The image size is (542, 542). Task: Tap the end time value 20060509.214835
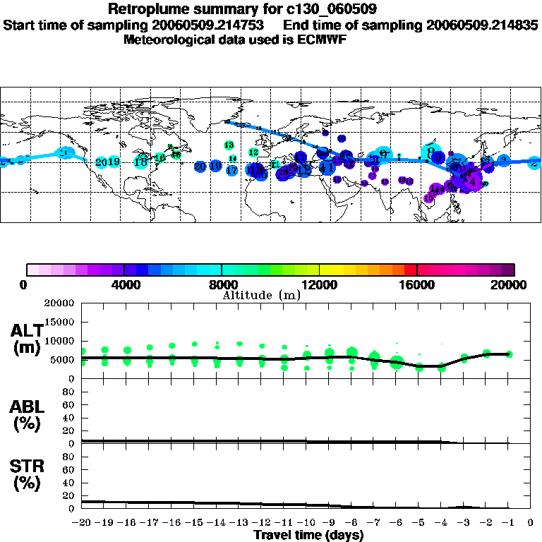(x=483, y=25)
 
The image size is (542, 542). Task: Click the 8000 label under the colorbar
(x=222, y=285)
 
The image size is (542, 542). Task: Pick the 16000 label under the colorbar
(x=417, y=285)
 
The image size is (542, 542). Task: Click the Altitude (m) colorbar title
(x=261, y=294)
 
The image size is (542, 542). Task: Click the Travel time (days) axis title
(x=308, y=535)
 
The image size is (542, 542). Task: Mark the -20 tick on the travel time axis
(x=82, y=523)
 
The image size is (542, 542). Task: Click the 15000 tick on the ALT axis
(x=59, y=322)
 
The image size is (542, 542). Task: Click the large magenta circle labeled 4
(x=474, y=182)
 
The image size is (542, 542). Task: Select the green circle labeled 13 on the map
(x=229, y=145)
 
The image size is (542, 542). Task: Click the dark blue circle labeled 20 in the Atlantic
(x=200, y=166)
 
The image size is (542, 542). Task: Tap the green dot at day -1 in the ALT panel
(x=509, y=354)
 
